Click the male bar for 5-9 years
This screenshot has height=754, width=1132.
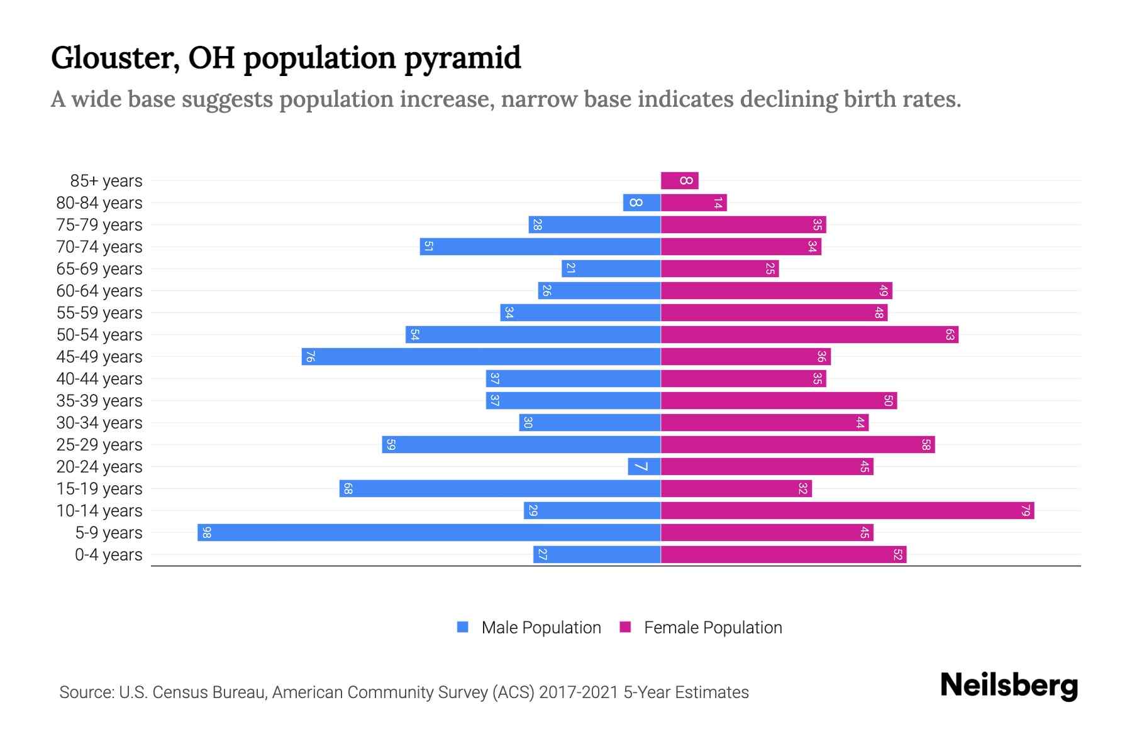pos(429,532)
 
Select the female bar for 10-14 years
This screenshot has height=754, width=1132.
pos(847,510)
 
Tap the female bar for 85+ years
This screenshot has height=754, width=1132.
pos(679,181)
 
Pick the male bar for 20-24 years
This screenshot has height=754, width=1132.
pos(644,466)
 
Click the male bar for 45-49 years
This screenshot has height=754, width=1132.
pos(481,356)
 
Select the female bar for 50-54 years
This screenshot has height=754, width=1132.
pos(809,334)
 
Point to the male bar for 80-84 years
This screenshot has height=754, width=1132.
pos(641,202)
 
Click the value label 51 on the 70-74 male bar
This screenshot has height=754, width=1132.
pos(428,246)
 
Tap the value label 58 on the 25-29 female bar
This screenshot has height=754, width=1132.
pos(926,444)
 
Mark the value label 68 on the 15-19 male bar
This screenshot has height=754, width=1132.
pos(348,488)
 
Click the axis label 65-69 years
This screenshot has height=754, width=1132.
pos(99,269)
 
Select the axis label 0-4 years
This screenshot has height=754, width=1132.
pos(108,555)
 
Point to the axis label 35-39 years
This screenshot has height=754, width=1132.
pos(99,401)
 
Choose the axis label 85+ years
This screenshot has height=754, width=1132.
pos(106,181)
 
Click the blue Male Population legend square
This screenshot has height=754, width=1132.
pos(463,627)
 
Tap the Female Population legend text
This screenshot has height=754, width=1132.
pos(713,627)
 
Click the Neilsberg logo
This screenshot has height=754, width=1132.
pos(1009,686)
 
